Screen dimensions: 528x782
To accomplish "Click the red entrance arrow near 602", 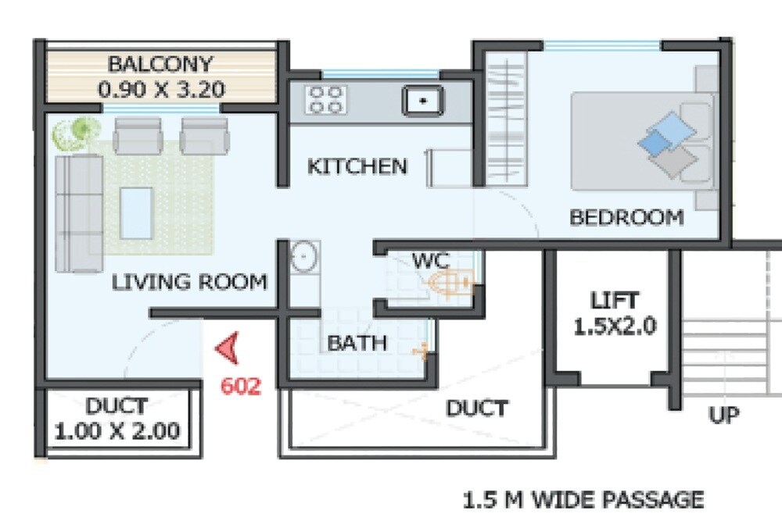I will click(228, 350).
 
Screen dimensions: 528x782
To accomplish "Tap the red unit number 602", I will click(240, 386).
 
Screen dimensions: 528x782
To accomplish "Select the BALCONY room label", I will click(160, 63).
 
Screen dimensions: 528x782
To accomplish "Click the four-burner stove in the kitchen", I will click(326, 100).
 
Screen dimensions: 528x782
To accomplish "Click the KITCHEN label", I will click(357, 166).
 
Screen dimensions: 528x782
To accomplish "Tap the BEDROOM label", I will click(626, 217).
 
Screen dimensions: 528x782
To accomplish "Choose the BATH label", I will click(357, 343).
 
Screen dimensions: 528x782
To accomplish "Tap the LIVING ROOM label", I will click(189, 282).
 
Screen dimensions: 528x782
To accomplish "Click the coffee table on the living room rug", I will click(137, 212).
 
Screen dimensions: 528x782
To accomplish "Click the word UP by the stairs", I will click(724, 415).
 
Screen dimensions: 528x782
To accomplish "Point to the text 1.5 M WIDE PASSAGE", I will click(583, 499).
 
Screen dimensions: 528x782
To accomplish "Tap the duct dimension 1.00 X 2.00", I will click(117, 430).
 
